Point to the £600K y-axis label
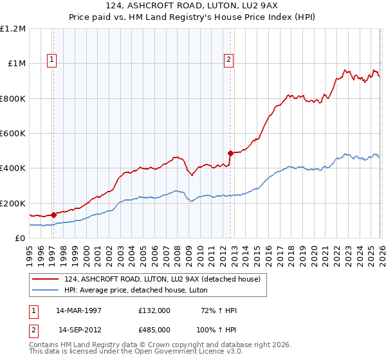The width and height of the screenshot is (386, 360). click(13, 134)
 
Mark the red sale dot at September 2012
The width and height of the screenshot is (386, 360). click(230, 154)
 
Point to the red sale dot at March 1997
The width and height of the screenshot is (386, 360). click(53, 215)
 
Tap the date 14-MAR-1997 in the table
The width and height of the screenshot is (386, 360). click(78, 310)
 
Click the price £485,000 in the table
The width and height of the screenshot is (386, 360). click(154, 330)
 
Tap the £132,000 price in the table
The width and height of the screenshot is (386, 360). click(154, 310)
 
